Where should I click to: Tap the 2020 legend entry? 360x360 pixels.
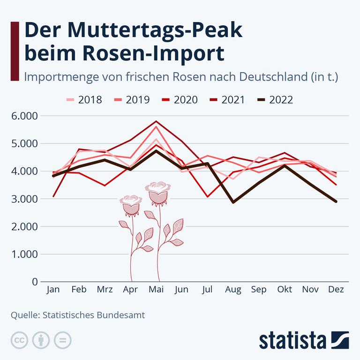(179, 99)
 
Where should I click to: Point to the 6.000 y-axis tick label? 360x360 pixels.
(25, 116)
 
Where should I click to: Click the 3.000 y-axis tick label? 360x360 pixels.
(25, 199)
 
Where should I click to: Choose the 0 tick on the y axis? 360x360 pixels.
(35, 282)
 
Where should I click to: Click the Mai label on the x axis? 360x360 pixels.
(156, 290)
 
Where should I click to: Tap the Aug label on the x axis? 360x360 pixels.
(233, 290)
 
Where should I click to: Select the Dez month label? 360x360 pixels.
(336, 290)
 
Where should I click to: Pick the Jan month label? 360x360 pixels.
(53, 290)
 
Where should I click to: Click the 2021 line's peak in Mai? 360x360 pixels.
(156, 121)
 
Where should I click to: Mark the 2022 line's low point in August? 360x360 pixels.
(233, 202)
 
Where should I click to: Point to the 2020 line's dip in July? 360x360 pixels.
(207, 196)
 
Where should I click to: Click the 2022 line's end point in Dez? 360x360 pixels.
(336, 202)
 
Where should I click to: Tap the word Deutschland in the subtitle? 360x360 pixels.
(266, 76)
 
